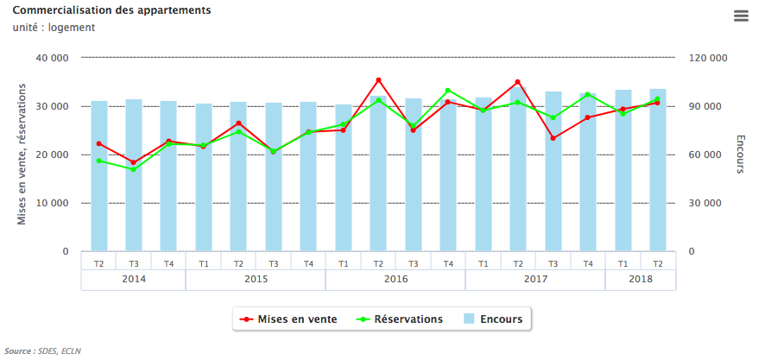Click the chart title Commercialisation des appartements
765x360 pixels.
(112, 10)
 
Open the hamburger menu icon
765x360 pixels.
(741, 16)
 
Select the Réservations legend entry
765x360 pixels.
(400, 319)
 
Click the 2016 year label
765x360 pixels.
(395, 280)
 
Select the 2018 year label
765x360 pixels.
(641, 280)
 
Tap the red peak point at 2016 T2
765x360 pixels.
(378, 80)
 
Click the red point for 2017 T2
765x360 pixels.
(518, 82)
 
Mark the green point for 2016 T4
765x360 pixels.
(448, 91)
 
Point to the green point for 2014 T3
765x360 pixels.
(134, 169)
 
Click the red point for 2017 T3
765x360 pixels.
(553, 138)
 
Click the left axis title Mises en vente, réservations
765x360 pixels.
(22, 155)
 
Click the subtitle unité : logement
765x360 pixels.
(54, 28)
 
